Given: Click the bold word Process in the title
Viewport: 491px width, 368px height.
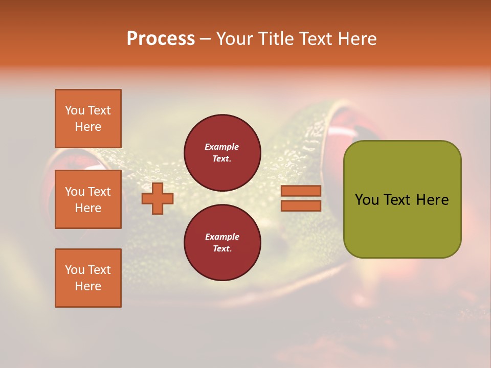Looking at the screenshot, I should coord(161,39).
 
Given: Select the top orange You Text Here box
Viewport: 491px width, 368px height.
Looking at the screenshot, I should coord(88,119).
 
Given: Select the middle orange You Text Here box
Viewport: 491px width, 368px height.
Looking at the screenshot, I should coord(88,199).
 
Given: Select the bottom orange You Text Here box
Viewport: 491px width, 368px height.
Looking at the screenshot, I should coord(88,278).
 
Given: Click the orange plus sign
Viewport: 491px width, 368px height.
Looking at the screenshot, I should coord(158,198).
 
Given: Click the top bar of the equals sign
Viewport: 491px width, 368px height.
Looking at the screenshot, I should coord(301,191).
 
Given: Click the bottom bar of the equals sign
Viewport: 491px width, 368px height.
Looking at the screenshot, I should coord(301,206).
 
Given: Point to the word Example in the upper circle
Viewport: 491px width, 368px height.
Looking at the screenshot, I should coord(222,147).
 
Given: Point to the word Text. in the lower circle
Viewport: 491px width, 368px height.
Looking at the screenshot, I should coord(222,249).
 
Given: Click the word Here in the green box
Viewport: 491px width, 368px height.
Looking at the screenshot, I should coord(432,200).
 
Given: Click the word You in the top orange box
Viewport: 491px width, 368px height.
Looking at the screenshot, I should coord(75,110).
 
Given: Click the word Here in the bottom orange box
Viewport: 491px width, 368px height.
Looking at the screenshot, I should coord(88,286).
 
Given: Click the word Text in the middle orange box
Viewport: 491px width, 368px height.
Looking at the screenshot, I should coord(99,192).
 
